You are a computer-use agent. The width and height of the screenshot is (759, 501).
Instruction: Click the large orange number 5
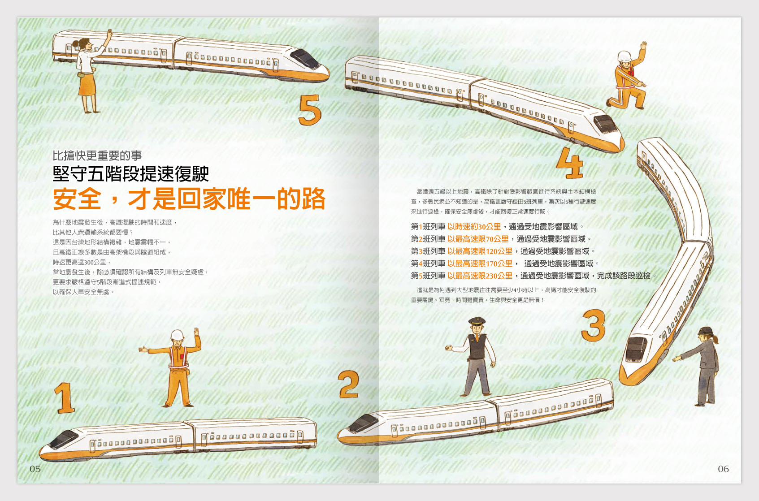pos(309,110)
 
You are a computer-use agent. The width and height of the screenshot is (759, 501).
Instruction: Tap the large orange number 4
pos(570,163)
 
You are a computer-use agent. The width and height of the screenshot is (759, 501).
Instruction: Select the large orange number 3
pos(593,325)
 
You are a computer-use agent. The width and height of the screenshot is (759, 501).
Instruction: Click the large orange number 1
pos(65,398)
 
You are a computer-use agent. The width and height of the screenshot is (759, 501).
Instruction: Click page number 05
pos(35,469)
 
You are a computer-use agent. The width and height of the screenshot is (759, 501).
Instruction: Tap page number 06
pos(723,469)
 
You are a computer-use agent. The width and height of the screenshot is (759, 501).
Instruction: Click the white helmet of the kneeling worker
pos(625,56)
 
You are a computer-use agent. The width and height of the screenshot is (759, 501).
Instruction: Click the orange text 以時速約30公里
pos(474,227)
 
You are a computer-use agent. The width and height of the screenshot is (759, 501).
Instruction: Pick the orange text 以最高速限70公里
pos(478,239)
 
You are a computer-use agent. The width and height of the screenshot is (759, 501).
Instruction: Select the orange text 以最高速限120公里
pos(480,251)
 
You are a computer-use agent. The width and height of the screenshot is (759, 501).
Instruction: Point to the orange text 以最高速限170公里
pos(480,263)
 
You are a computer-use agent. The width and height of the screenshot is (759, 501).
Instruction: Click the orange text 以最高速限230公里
pos(480,276)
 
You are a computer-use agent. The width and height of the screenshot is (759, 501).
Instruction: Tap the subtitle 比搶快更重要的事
pos(97,155)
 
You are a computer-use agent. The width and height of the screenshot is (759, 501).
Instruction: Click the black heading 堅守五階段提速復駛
pos(131,174)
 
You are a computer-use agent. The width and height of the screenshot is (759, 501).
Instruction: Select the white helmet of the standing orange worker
pos(177,335)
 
